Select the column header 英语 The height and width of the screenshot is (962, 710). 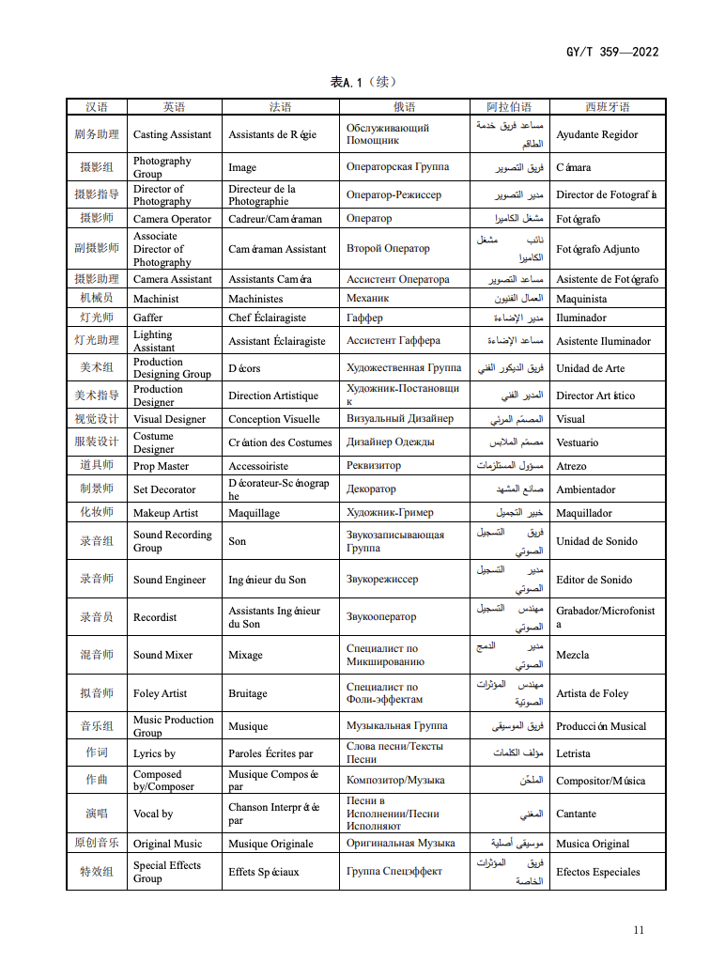point(174,107)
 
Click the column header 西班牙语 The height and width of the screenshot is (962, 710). point(607,107)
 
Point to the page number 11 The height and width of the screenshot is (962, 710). point(639,930)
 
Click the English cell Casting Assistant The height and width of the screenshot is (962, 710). point(172,134)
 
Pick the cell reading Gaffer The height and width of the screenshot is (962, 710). point(147,318)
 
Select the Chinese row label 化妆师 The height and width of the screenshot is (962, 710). point(96,513)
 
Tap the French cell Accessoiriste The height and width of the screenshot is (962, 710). point(258,466)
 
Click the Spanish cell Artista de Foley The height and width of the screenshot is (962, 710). point(592,693)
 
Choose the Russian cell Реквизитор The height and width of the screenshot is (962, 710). point(373,466)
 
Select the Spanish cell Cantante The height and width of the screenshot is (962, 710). point(576,814)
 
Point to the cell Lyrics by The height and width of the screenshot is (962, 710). point(154,753)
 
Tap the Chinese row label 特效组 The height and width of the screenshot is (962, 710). point(96,872)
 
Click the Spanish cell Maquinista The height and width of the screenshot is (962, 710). point(581,299)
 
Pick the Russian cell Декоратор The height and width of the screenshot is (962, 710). point(371,489)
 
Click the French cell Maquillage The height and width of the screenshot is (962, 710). point(255,513)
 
